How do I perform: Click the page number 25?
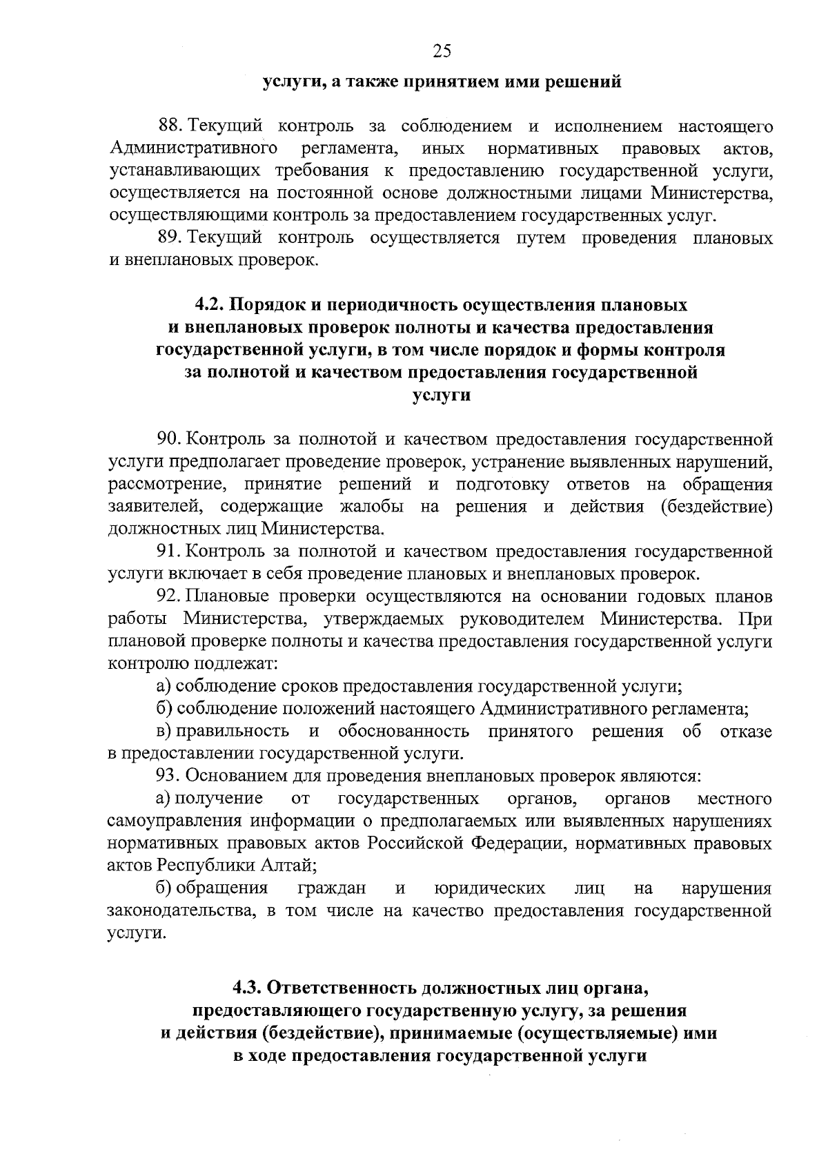tap(442, 50)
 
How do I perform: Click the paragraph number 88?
tap(170, 126)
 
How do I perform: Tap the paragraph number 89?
tap(170, 239)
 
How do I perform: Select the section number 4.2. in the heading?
tap(208, 305)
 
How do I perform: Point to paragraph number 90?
tap(170, 440)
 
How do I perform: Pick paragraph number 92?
tap(170, 596)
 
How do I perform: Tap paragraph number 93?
tap(170, 776)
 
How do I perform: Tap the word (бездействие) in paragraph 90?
tap(716, 507)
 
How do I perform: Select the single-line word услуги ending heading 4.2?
tap(442, 395)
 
